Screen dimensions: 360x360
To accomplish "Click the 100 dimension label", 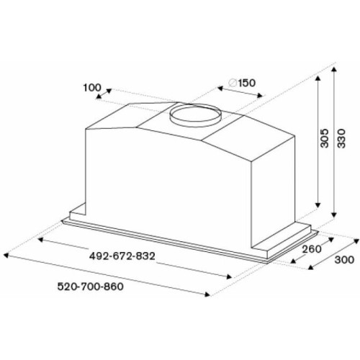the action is coord(92,88).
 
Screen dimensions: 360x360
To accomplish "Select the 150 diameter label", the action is coord(247,83).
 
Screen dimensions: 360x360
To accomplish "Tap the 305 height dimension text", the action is coord(325,138).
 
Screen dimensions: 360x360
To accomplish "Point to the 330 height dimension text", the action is coord(341,138).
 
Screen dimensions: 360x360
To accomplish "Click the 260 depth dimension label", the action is coord(312,249).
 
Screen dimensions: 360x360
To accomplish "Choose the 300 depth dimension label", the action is coord(344,260).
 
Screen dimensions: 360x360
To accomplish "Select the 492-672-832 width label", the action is coord(122,256).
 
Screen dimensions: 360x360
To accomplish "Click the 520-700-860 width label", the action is coord(91,287).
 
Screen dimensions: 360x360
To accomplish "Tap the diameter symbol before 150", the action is coord(233,83).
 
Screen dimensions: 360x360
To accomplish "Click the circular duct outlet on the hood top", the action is coord(195,116).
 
